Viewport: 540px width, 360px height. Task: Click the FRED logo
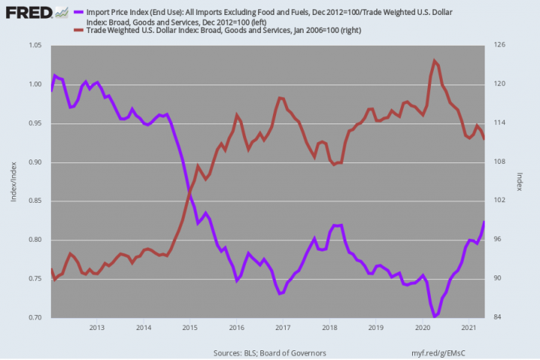click(37, 13)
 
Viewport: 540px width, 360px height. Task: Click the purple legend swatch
click(79, 12)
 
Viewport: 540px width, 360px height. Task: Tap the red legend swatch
click(79, 31)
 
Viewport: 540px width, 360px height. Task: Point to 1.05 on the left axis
click(35, 45)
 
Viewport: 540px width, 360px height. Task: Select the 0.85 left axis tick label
click(35, 201)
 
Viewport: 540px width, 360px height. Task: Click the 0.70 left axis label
click(35, 317)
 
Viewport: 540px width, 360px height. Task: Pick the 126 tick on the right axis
click(500, 45)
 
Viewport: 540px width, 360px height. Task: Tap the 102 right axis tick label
click(500, 200)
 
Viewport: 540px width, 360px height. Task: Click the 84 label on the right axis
click(497, 317)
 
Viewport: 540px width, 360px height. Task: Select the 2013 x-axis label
click(96, 327)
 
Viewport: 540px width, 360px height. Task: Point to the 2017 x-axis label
click(283, 327)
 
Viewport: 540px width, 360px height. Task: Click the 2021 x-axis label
click(469, 327)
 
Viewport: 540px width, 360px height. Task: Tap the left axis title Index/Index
click(13, 182)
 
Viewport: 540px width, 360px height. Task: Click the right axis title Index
click(520, 182)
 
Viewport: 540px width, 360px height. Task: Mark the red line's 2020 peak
click(435, 61)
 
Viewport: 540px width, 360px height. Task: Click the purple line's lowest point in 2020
click(435, 316)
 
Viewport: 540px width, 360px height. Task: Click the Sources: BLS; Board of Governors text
click(270, 353)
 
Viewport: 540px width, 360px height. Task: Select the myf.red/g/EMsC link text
click(438, 353)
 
